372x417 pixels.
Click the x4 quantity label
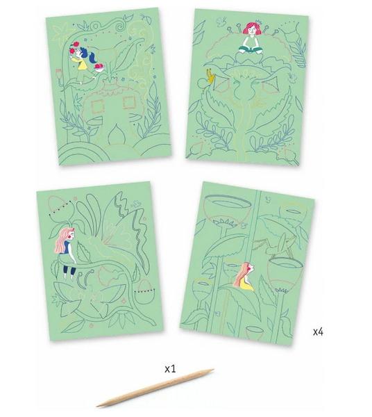tap(318, 332)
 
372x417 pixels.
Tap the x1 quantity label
tap(170, 369)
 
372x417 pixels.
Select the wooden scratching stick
tap(155, 387)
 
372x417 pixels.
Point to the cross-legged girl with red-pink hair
tap(251, 38)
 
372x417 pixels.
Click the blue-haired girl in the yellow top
tap(83, 64)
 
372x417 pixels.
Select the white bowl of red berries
tap(99, 68)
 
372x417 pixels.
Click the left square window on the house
tap(98, 107)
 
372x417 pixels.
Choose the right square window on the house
tap(130, 103)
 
